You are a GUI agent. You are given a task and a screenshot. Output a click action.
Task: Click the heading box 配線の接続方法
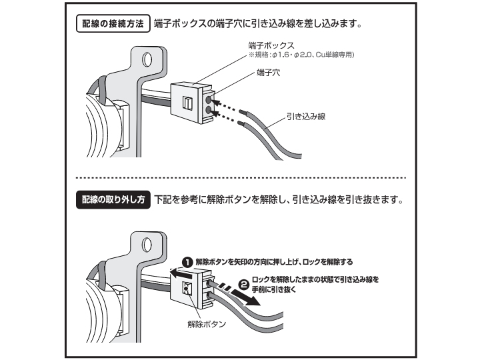pyautogui.click(x=111, y=24)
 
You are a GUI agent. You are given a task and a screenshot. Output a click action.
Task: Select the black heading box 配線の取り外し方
pyautogui.click(x=112, y=199)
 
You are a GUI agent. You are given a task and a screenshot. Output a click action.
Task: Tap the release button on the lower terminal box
pyautogui.click(x=187, y=288)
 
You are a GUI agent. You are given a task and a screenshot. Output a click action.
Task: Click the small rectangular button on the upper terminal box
pyautogui.click(x=187, y=103)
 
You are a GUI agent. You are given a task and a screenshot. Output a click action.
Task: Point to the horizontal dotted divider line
pyautogui.click(x=240, y=178)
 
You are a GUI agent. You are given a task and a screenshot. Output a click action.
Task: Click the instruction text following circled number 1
pyautogui.click(x=273, y=261)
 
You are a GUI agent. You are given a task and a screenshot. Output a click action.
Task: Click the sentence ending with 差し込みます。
pyautogui.click(x=257, y=24)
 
